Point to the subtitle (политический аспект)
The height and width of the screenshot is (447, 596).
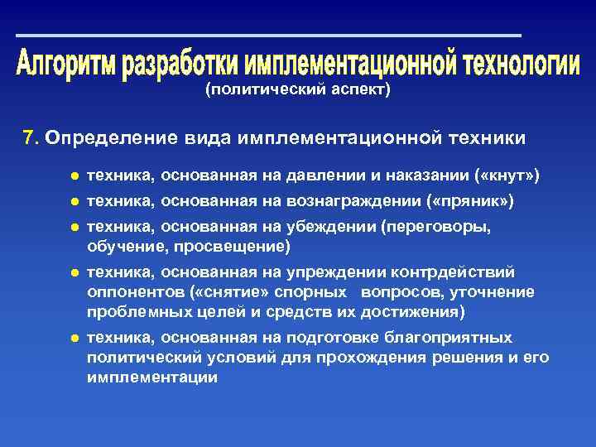pyautogui.click(x=297, y=90)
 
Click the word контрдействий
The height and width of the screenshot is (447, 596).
pyautogui.click(x=467, y=272)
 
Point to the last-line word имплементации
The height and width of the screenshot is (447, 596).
pyautogui.click(x=152, y=377)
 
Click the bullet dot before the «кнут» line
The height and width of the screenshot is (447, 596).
pyautogui.click(x=74, y=176)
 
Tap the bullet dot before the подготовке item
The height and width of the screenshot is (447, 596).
pyautogui.click(x=74, y=338)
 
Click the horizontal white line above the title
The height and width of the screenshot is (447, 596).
pyautogui.click(x=268, y=36)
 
